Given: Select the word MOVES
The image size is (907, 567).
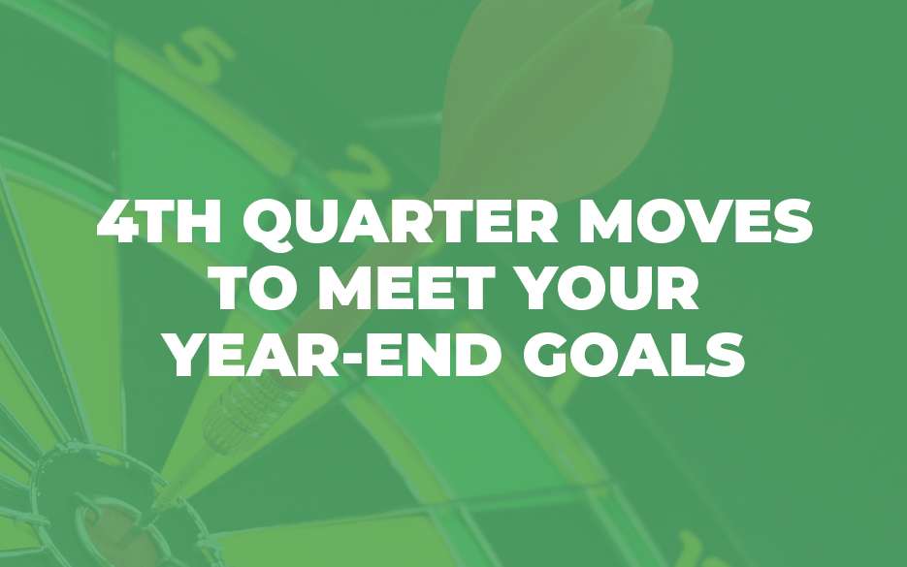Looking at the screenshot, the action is coord(696,221).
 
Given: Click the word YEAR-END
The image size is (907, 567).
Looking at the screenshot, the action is coord(336,355).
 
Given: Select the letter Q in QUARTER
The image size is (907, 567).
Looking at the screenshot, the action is coord(269,224).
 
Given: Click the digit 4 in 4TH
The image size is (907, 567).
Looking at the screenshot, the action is coord(118,221).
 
